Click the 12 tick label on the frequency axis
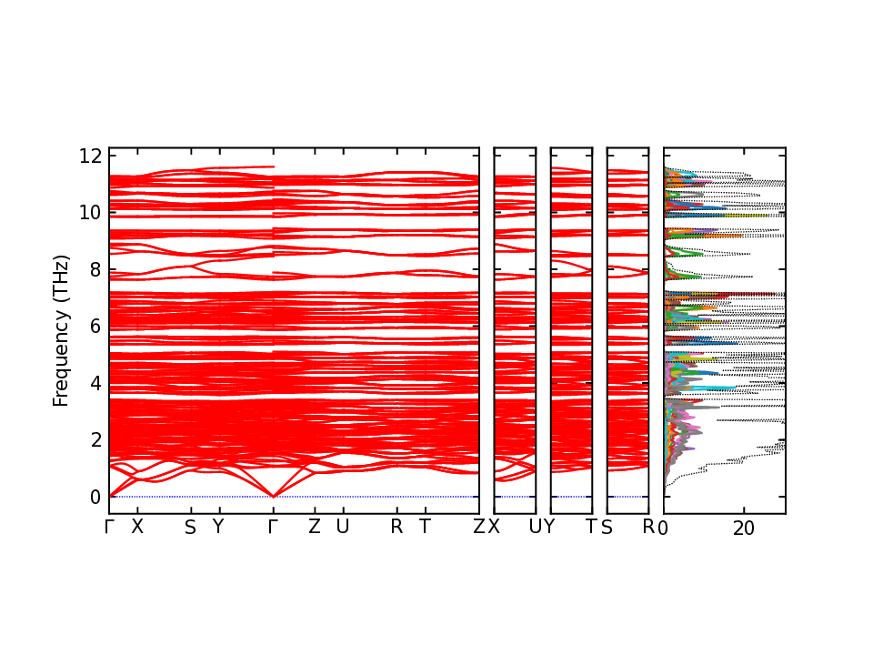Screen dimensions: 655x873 89,156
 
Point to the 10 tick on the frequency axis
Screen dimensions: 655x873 89,213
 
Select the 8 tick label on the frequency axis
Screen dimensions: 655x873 95,269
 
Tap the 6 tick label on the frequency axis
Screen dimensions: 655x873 95,327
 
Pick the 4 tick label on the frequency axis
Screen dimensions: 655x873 95,384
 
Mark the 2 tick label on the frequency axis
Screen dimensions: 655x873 95,440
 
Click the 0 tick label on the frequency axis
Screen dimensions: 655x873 95,498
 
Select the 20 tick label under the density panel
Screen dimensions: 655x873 744,527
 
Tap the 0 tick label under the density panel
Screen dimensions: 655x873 664,527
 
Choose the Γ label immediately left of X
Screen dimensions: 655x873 109,527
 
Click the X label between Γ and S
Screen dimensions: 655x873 137,527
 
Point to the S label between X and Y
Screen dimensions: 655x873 190,527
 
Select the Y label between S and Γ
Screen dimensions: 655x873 218,527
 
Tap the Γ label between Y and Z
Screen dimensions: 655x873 273,527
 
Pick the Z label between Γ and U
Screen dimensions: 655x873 315,527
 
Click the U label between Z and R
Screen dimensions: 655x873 343,527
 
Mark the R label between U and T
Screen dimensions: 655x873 396,527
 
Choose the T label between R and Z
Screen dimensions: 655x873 425,527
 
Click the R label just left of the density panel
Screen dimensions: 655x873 648,527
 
